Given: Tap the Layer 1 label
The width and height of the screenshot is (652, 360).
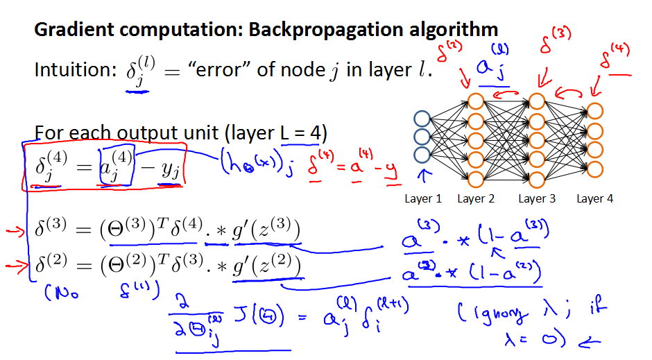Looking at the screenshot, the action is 423,199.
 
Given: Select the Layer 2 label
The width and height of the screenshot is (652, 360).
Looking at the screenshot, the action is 476,199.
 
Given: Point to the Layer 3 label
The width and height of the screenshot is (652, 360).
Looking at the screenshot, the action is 537,199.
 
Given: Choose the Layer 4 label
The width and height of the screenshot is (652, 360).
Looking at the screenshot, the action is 595,199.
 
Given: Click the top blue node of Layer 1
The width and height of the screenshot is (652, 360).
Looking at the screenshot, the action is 422,119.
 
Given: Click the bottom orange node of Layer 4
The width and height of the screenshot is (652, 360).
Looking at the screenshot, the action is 595,180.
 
